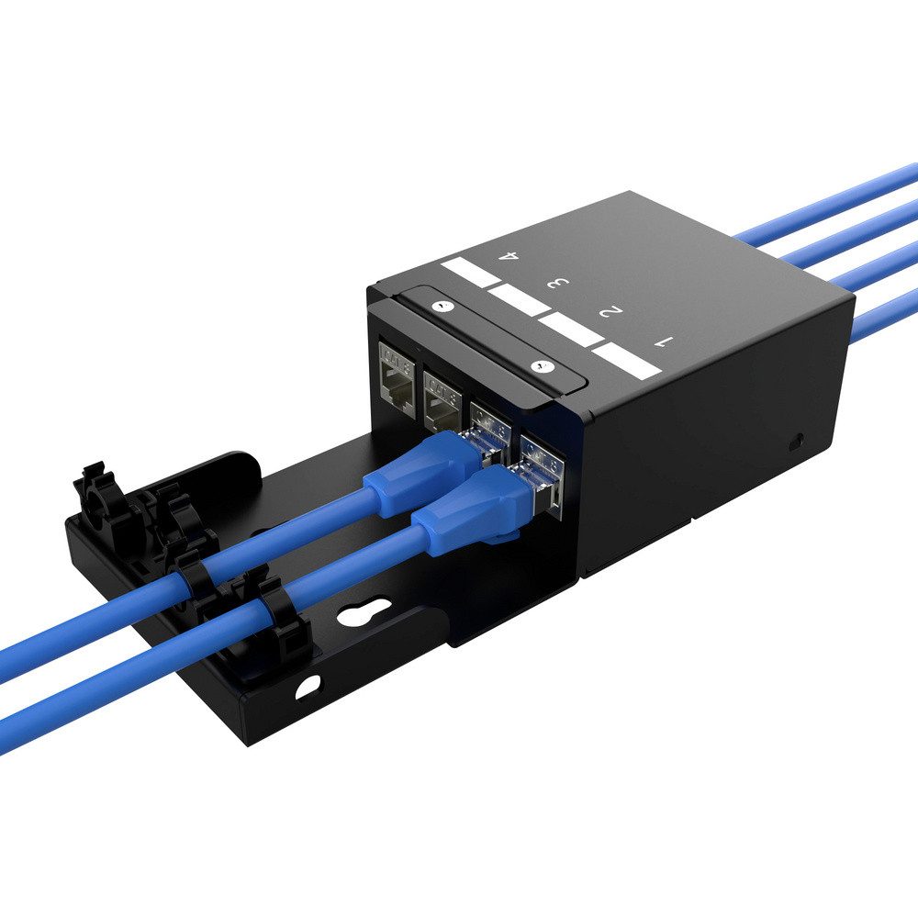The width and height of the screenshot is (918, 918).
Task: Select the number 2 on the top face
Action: click(x=610, y=313)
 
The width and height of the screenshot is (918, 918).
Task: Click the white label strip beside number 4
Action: click(x=469, y=273)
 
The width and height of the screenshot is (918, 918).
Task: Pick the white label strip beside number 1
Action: click(x=626, y=361)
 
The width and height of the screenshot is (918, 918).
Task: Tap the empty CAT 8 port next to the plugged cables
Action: click(x=442, y=397)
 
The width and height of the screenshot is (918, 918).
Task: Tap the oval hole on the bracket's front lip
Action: click(x=308, y=684)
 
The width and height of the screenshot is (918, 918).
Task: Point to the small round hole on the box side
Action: click(x=797, y=441)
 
